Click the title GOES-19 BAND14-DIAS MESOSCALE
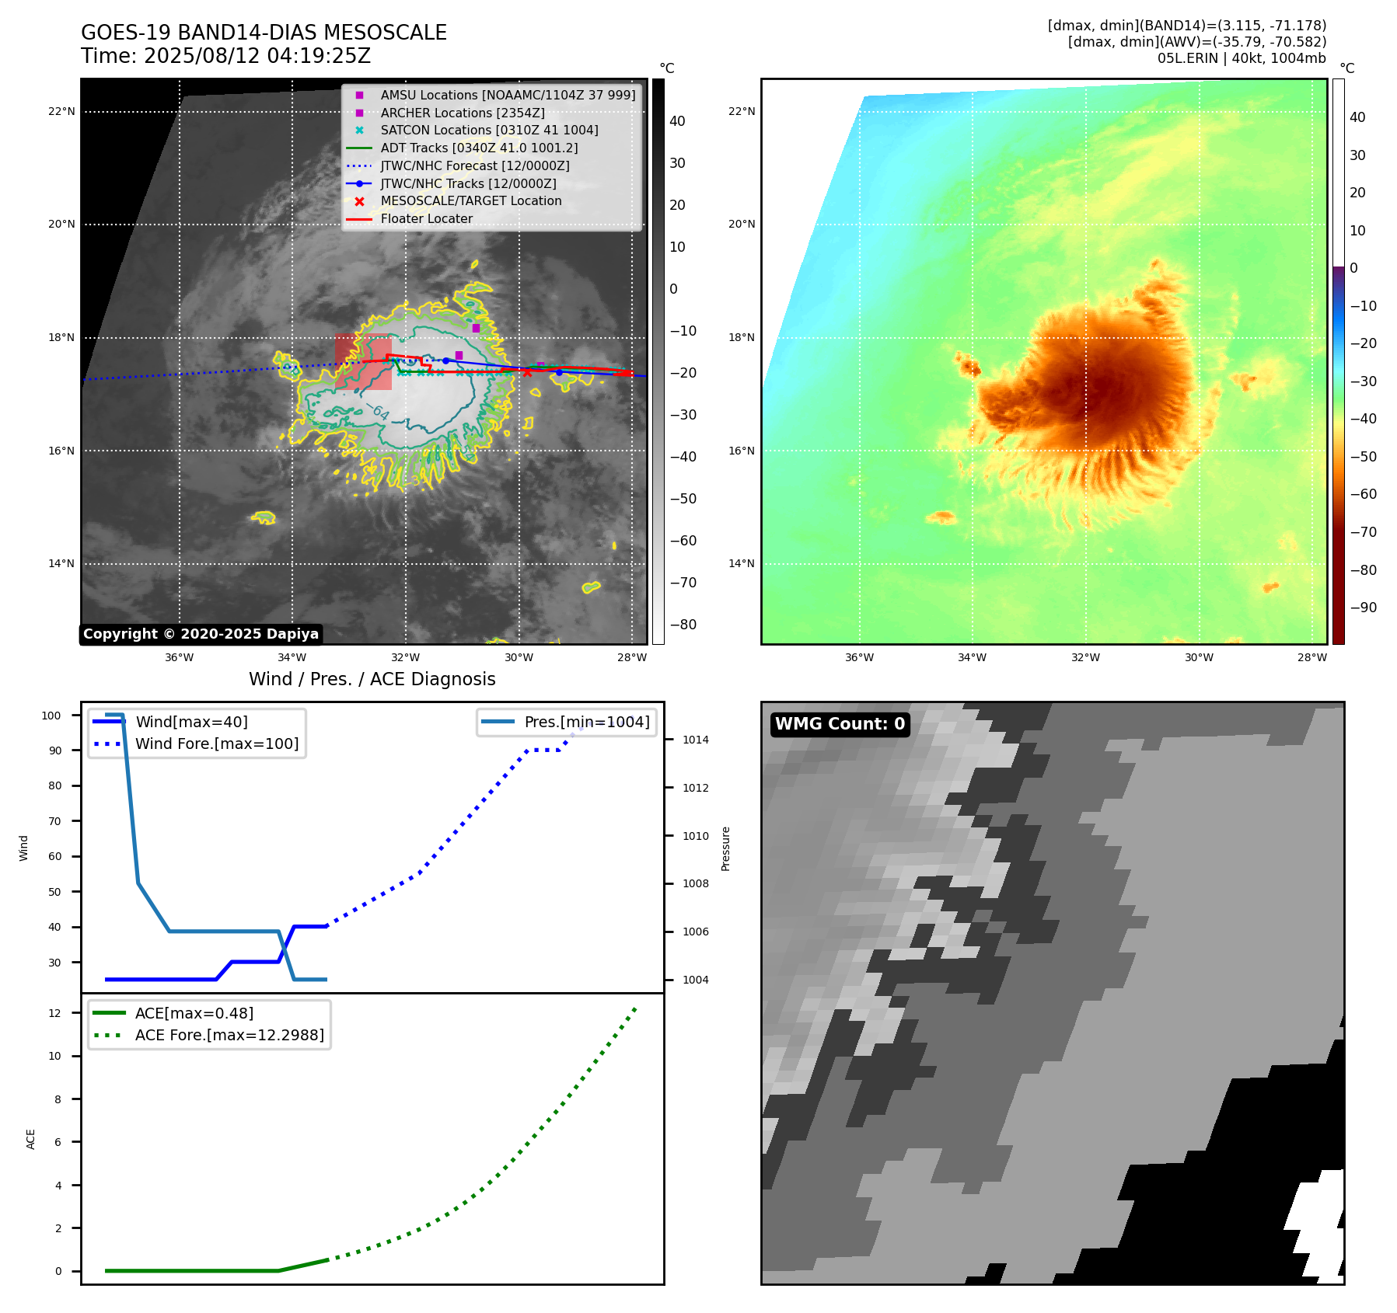[264, 33]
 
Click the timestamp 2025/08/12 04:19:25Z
[257, 56]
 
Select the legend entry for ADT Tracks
[479, 148]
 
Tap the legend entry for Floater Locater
[426, 218]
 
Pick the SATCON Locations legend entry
[489, 130]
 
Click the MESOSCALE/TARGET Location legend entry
[470, 200]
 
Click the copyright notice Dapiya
[201, 634]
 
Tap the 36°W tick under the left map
[179, 657]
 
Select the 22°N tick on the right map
[742, 111]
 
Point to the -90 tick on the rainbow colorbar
[1363, 608]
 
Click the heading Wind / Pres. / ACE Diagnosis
[372, 679]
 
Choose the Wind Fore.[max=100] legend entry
[216, 744]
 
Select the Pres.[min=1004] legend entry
[586, 722]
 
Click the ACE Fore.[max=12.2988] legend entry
[229, 1035]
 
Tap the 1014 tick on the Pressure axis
[695, 740]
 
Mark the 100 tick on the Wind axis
[51, 716]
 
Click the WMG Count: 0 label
[840, 724]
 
